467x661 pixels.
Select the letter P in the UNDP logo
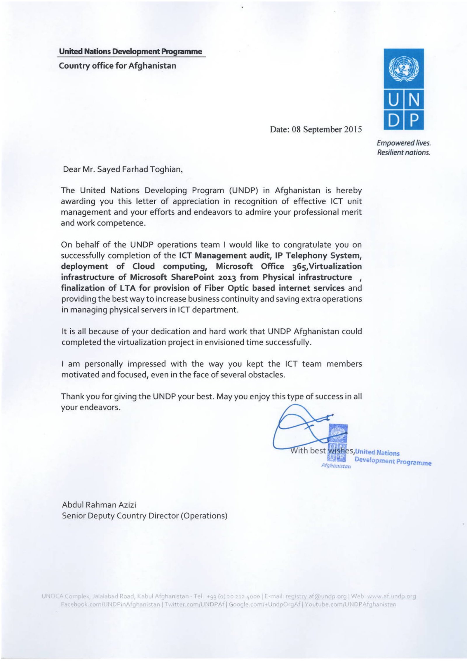(x=414, y=120)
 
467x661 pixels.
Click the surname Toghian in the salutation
(x=167, y=170)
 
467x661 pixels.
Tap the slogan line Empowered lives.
(x=404, y=143)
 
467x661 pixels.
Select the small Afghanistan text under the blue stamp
(x=336, y=466)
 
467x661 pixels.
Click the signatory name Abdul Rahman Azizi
(x=99, y=505)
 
